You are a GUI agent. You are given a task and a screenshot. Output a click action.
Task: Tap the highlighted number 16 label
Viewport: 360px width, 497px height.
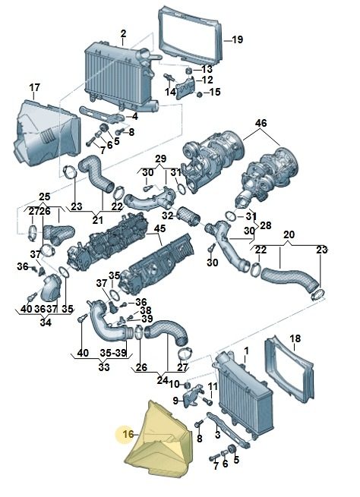click(128, 434)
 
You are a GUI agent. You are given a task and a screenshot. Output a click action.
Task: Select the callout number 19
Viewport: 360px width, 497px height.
click(237, 40)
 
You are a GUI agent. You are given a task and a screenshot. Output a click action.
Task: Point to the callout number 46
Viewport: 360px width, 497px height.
click(261, 123)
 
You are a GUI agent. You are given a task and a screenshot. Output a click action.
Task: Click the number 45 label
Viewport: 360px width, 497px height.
click(159, 228)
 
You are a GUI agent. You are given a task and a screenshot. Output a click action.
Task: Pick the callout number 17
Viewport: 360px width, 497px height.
click(35, 87)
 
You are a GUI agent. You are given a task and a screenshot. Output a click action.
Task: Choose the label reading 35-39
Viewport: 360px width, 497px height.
click(114, 353)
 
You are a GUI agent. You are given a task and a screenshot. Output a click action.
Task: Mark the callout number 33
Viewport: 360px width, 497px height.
click(104, 367)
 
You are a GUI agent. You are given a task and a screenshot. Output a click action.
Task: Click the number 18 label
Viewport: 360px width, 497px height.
click(295, 338)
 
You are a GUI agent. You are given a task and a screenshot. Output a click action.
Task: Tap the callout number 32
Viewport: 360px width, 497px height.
click(168, 215)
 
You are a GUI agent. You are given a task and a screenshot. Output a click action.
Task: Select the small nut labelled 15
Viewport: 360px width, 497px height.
click(200, 94)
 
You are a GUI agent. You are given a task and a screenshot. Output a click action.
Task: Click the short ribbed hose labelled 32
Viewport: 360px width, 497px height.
click(188, 216)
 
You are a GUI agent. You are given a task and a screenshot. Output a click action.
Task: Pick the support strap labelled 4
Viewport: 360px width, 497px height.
click(102, 115)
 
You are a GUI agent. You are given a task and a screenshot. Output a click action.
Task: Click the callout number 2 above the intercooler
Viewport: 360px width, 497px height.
click(123, 33)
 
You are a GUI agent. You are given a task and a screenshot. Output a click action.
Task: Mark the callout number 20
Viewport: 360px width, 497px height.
click(289, 235)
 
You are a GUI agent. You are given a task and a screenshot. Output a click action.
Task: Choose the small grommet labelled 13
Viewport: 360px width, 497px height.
click(189, 71)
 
